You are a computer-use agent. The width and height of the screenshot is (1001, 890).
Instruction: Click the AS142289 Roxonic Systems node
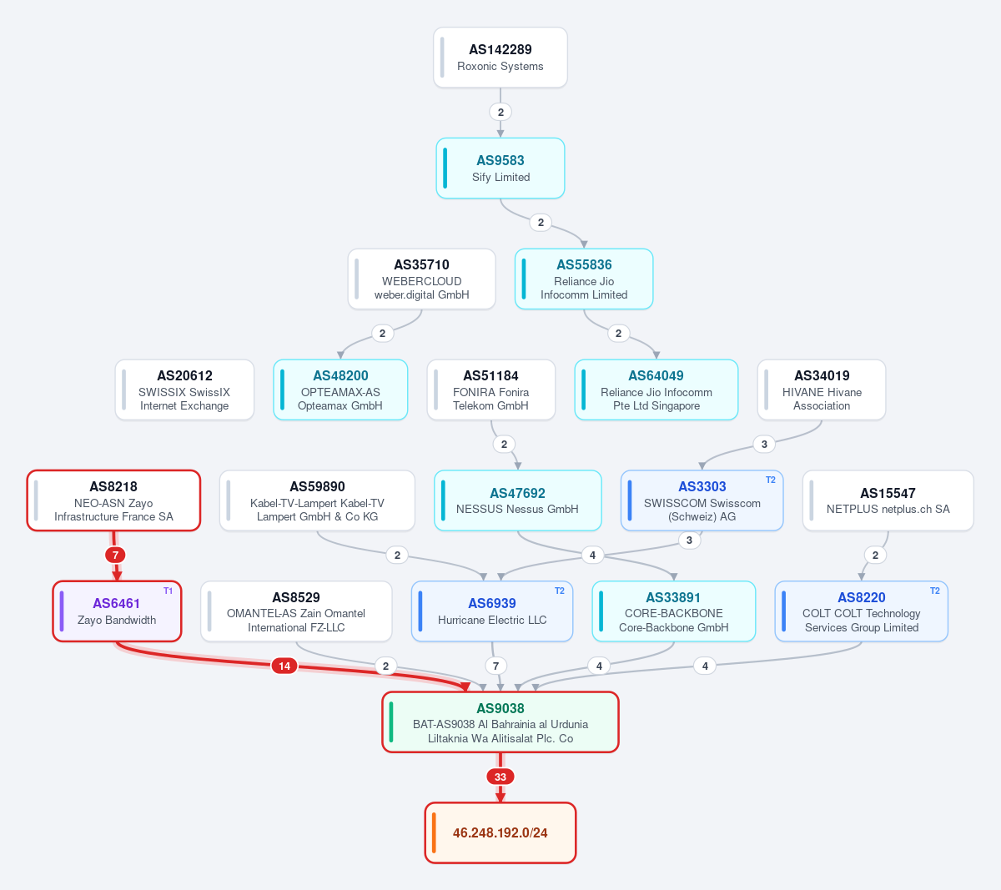coord(500,58)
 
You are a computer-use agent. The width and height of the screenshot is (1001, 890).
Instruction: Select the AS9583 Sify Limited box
coord(500,168)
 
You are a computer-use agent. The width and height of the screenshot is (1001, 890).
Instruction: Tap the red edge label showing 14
coord(284,666)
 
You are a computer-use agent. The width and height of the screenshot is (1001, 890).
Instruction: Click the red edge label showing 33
coord(500,777)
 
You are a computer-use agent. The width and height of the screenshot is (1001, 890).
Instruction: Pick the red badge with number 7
coord(115,555)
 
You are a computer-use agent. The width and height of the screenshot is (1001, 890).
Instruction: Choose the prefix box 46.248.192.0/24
coord(500,832)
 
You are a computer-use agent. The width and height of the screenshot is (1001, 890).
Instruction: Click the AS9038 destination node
coord(500,722)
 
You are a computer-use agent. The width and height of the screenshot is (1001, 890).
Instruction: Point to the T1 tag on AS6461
coord(168,591)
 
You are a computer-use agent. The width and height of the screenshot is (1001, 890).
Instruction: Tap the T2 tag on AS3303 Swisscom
coord(770,480)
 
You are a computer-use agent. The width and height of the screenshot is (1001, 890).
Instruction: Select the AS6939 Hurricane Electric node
coord(492,611)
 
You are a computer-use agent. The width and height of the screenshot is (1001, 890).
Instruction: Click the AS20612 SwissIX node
coord(184,390)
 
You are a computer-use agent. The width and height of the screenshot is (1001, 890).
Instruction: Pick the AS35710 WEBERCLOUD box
coord(421,279)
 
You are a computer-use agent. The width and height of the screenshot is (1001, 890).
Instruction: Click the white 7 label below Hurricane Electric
coord(495,666)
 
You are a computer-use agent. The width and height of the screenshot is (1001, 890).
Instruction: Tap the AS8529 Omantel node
coord(296,611)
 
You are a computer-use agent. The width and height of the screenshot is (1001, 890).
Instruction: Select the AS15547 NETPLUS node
coord(888,500)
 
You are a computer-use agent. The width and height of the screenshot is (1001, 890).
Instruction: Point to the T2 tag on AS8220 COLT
coord(934,591)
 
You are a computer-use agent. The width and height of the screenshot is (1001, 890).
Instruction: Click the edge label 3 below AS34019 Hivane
coord(764,445)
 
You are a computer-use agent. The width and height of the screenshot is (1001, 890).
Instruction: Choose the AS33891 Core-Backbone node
coord(673,611)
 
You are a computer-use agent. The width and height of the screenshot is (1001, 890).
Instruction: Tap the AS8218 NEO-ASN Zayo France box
coord(113,500)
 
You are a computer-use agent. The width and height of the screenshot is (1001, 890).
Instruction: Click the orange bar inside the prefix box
coord(434,832)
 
